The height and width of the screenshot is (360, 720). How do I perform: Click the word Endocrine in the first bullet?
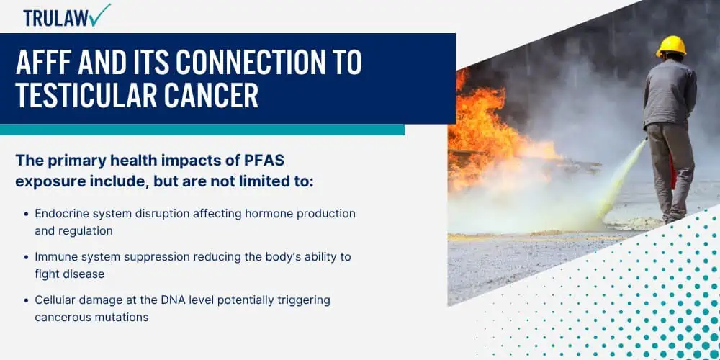[x=61, y=214]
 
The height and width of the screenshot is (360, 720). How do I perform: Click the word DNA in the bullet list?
[x=173, y=300]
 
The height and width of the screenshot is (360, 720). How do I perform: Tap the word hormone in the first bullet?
[x=267, y=214]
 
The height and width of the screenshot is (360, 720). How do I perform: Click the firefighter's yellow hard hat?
[x=671, y=46]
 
